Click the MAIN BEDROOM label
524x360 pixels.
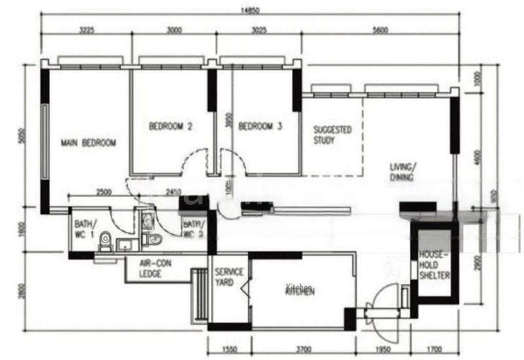[x=88, y=143]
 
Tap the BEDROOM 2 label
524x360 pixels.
[x=170, y=126]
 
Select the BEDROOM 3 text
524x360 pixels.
[x=260, y=126]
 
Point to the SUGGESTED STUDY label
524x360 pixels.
[x=332, y=135]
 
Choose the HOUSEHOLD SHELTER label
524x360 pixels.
[x=434, y=265]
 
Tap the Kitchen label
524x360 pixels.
[x=300, y=289]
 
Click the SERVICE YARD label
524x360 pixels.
[x=229, y=277]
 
